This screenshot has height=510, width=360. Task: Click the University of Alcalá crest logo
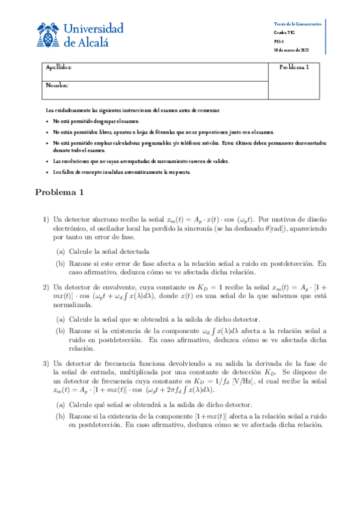click(47, 35)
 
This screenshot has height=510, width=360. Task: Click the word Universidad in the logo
click(93, 29)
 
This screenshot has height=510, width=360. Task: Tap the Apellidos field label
click(59, 67)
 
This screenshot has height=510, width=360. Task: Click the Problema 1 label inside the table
click(294, 67)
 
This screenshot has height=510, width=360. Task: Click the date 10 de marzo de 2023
click(291, 49)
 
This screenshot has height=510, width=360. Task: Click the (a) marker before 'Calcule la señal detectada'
click(61, 251)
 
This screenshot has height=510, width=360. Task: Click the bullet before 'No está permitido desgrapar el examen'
click(47, 121)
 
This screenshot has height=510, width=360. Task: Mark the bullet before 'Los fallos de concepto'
click(47, 173)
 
